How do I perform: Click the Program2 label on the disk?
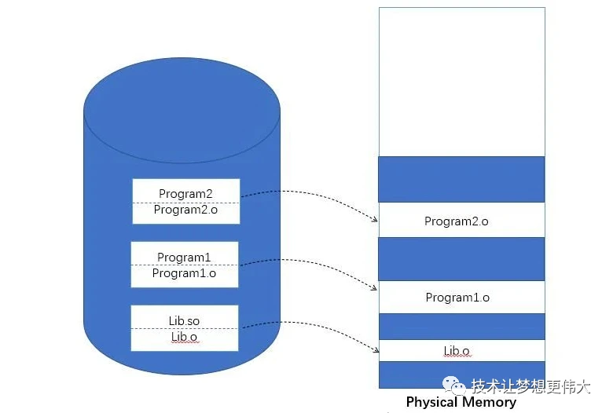tap(185, 193)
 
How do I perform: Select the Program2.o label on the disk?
tap(185, 210)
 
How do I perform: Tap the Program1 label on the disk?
tap(184, 257)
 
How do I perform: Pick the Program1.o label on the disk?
tap(184, 273)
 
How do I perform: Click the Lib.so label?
tap(184, 321)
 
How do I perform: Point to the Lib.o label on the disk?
tap(184, 337)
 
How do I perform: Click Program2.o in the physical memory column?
tap(456, 221)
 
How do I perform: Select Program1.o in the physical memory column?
tap(457, 298)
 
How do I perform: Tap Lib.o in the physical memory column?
tap(457, 351)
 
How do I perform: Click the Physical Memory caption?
tap(461, 403)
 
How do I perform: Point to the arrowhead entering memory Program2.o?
tap(374, 221)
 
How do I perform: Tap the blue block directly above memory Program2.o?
tap(461, 179)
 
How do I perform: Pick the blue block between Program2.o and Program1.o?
tap(461, 259)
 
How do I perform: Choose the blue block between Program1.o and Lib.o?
tap(461, 326)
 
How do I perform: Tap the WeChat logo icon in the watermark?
tap(454, 385)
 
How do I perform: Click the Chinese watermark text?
tap(530, 386)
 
